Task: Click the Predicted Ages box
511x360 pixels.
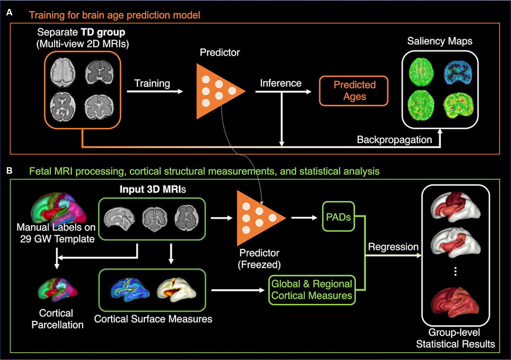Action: pyautogui.click(x=355, y=91)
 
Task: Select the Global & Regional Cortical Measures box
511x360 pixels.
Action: pyautogui.click(x=312, y=290)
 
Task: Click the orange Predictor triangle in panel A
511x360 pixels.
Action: pyautogui.click(x=217, y=91)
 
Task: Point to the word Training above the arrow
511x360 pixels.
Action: pyautogui.click(x=152, y=83)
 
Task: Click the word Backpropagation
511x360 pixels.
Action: pyautogui.click(x=394, y=139)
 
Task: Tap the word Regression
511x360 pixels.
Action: pyautogui.click(x=393, y=247)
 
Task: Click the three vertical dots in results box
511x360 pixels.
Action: pyautogui.click(x=455, y=271)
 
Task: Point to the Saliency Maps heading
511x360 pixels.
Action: pyautogui.click(x=439, y=41)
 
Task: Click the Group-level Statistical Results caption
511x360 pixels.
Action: pyautogui.click(x=455, y=339)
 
